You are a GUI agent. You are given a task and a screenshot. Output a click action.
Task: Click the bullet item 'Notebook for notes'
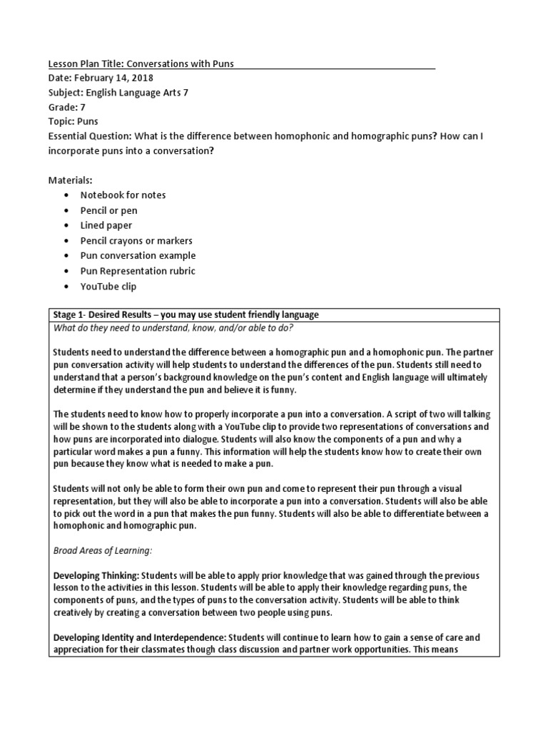point(123,195)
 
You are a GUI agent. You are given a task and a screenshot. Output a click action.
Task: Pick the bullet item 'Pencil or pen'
point(109,210)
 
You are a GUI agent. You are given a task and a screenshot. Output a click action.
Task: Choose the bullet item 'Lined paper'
point(106,225)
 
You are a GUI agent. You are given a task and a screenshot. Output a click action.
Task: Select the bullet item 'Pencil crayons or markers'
point(136,240)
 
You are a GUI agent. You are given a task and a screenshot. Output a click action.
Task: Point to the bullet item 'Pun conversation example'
point(138,255)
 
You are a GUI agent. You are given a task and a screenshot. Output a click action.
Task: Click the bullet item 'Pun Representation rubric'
point(138,271)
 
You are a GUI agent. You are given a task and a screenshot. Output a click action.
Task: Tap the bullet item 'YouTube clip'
point(108,286)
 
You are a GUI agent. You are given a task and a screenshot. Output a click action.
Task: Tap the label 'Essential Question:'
point(87,135)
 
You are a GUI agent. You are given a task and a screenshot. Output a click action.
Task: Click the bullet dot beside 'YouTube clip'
point(66,286)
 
